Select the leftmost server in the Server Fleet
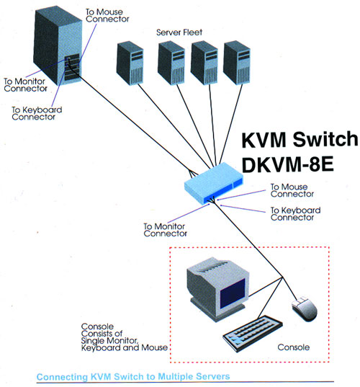point(130,63)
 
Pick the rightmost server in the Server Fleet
point(237,63)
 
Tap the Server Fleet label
point(179,32)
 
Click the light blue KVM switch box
point(214,183)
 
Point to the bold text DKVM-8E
point(287,164)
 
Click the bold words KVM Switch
point(300,139)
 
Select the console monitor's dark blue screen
point(233,293)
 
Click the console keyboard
point(253,333)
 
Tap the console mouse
point(305,308)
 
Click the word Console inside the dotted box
point(294,347)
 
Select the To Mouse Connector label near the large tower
point(107,15)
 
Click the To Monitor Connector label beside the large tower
point(25,84)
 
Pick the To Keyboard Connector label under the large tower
point(37,113)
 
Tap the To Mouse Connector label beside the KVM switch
point(292,190)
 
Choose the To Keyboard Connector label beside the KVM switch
point(296,214)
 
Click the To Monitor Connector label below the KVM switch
point(165,230)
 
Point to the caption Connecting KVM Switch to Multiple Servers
point(133,377)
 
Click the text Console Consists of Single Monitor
point(109,334)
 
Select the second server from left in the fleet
point(171,63)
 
